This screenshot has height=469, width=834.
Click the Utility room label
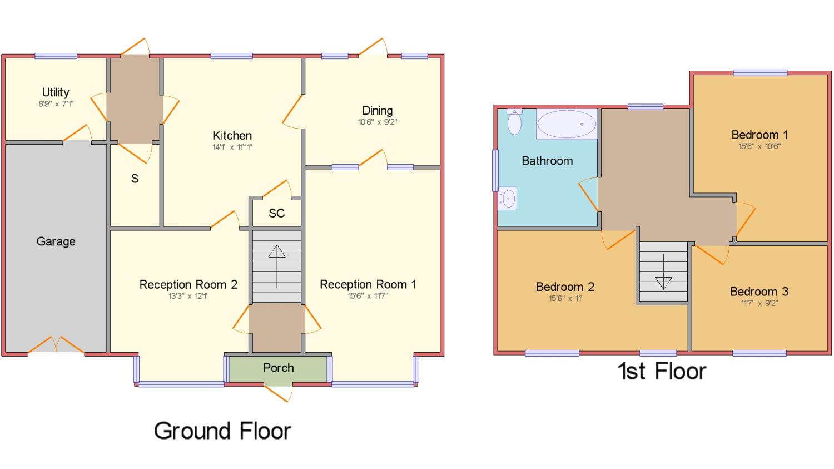[x=56, y=92]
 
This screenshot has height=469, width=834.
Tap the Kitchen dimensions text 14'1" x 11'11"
[x=232, y=147]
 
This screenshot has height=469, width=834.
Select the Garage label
[x=56, y=241]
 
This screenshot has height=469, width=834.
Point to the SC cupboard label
[x=277, y=213]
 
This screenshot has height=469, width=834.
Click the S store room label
[x=135, y=179]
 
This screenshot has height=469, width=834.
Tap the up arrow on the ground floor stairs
[x=277, y=266]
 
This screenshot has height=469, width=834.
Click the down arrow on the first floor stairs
[x=663, y=271]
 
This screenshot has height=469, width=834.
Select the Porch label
[x=279, y=368]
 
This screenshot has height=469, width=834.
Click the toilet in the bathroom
[x=514, y=122]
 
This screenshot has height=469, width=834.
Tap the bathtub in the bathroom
[x=567, y=124]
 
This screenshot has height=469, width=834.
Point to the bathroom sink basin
[x=507, y=199]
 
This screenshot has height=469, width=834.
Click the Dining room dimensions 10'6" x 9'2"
[x=378, y=122]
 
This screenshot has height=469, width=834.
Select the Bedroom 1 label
[x=759, y=135]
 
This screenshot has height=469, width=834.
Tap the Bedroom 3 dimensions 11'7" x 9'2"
[x=759, y=303]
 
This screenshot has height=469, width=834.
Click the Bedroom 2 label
[x=565, y=287]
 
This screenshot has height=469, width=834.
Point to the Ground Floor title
[x=222, y=431]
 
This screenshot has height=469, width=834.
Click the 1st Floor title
[x=662, y=372]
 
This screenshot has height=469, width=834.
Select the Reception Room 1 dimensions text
[x=368, y=296]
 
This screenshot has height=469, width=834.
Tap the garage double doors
[x=56, y=344]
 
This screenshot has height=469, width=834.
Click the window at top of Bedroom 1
[x=760, y=73]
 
